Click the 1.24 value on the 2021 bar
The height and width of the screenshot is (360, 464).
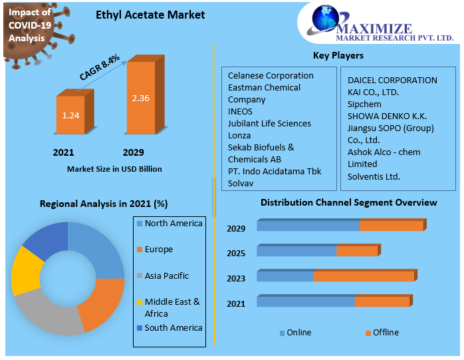[x=70, y=115]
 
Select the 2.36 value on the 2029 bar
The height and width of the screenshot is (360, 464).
[x=140, y=98]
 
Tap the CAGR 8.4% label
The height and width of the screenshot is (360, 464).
[x=100, y=67]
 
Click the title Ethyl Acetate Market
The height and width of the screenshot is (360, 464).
[x=150, y=15]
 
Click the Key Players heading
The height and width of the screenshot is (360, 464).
[x=338, y=55]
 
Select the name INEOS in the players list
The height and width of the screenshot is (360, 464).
[x=240, y=111]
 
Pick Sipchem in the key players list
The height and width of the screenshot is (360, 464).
[x=364, y=104]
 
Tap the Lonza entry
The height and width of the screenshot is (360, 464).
[x=239, y=135]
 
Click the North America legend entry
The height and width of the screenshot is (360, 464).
[x=170, y=223]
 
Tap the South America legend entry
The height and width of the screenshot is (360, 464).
[x=170, y=327]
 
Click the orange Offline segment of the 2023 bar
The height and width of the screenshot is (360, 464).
[x=365, y=276]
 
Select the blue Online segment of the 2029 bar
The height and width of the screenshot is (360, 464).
[x=308, y=225]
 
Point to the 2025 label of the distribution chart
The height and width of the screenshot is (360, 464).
[x=236, y=254]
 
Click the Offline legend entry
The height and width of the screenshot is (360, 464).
[x=382, y=333]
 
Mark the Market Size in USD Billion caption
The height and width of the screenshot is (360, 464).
[x=114, y=169]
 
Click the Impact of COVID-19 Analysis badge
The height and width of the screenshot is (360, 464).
[x=30, y=25]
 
